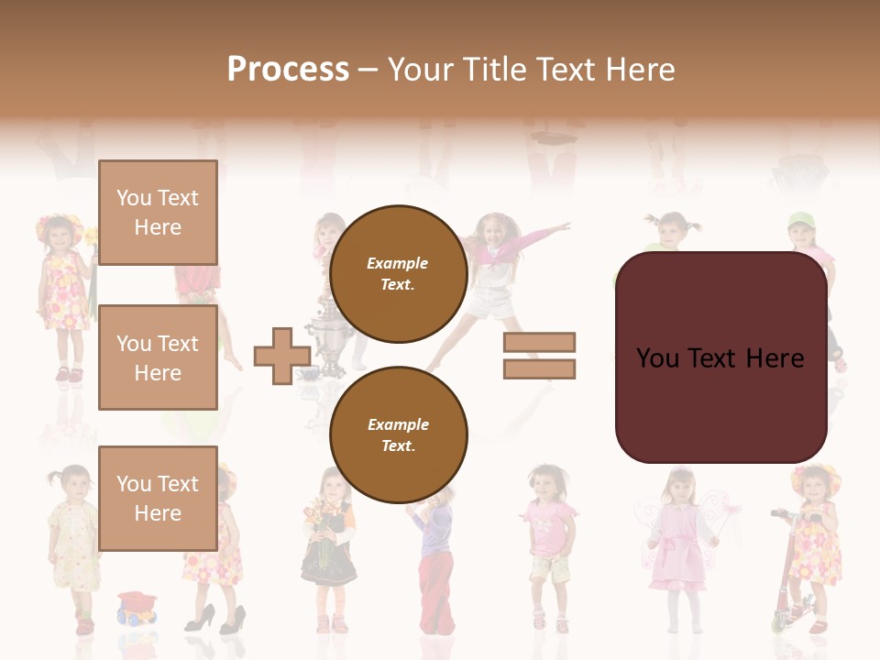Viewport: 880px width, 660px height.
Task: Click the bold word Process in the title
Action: [x=288, y=70]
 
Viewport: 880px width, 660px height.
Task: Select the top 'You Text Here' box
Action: [x=158, y=213]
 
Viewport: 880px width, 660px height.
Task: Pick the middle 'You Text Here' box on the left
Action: [x=158, y=357]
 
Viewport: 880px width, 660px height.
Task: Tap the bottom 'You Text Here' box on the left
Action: [x=158, y=498]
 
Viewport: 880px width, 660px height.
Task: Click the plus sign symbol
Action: [x=282, y=357]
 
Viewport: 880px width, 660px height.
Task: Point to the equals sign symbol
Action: [x=539, y=356]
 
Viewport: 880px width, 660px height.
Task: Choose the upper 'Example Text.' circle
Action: [x=398, y=274]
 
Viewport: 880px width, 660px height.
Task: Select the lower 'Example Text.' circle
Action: [x=398, y=435]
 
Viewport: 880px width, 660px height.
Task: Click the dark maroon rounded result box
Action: [x=720, y=357]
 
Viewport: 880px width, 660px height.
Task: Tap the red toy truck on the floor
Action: [x=137, y=607]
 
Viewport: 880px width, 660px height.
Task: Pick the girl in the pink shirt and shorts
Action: [x=550, y=541]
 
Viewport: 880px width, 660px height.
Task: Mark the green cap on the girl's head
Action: [x=800, y=221]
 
